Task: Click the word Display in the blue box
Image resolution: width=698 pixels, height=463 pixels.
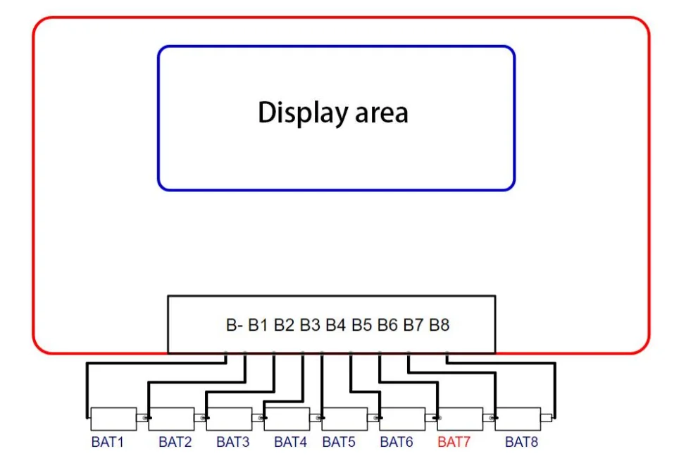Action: click(302, 113)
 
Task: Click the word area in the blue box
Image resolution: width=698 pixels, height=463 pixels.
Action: click(382, 113)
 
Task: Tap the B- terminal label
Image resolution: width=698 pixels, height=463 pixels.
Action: click(234, 325)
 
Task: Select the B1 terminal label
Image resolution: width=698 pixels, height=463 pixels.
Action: click(258, 325)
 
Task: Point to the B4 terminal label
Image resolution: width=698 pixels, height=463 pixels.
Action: click(335, 325)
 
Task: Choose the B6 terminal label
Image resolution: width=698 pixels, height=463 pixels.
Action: click(387, 325)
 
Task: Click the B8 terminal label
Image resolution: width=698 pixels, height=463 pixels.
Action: click(439, 325)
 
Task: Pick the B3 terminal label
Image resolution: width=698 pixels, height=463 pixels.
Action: click(310, 325)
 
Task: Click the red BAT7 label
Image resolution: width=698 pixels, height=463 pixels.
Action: click(454, 442)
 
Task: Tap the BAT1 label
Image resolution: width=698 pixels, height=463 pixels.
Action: click(107, 442)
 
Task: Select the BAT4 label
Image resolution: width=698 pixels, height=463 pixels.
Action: click(290, 442)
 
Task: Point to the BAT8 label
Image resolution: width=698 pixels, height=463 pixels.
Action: click(521, 442)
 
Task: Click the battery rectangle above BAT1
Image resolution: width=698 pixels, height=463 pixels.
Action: click(113, 419)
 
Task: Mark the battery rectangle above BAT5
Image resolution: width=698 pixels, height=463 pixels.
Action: click(344, 419)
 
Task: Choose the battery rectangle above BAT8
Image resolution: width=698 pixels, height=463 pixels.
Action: click(518, 419)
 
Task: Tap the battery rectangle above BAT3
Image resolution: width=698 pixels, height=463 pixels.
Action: click(229, 419)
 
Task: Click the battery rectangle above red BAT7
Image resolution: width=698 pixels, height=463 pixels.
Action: click(460, 419)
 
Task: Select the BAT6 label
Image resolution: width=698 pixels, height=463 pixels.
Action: click(396, 442)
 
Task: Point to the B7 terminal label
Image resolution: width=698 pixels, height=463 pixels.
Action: click(413, 325)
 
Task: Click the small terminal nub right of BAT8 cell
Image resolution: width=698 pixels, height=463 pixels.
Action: click(546, 418)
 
